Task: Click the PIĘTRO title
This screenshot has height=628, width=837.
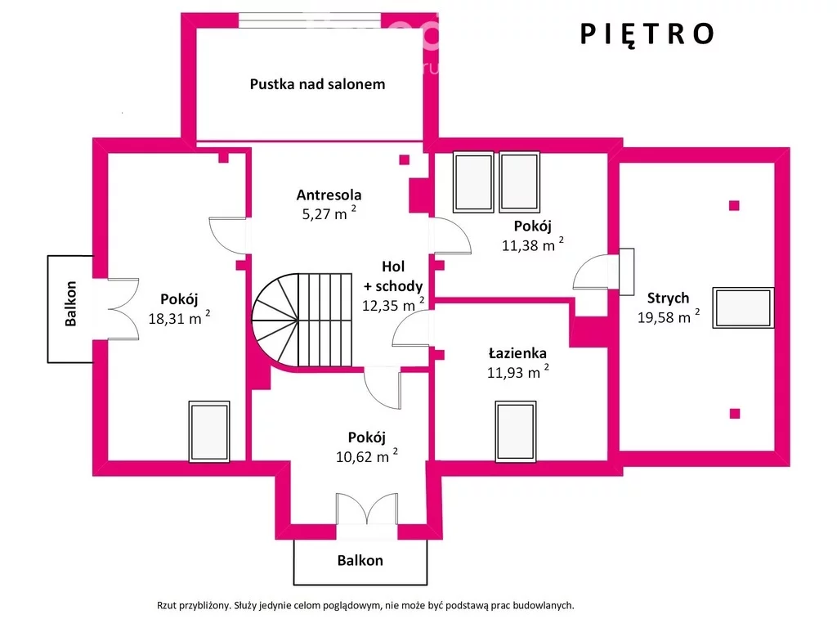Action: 647,34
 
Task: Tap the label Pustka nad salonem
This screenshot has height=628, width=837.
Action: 317,84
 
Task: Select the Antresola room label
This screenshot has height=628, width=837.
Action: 329,195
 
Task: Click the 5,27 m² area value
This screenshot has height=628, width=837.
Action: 329,213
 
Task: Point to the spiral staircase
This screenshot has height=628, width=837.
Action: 302,321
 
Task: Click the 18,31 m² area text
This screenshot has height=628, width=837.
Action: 179,318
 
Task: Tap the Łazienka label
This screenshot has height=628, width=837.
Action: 517,353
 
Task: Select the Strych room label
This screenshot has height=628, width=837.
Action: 668,298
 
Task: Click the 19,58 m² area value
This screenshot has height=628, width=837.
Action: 669,316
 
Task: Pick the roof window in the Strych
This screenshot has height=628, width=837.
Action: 743,307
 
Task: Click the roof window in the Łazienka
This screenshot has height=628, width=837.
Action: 516,432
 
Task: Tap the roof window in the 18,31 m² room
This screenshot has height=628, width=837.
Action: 209,432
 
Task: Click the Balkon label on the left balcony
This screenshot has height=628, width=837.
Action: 70,303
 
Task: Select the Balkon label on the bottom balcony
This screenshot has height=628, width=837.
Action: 360,560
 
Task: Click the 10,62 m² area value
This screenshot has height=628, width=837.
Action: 367,456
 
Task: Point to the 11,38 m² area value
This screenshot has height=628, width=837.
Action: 533,244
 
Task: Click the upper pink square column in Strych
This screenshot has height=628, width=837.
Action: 734,205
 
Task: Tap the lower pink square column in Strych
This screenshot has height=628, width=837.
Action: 735,413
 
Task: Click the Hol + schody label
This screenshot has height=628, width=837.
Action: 393,276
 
